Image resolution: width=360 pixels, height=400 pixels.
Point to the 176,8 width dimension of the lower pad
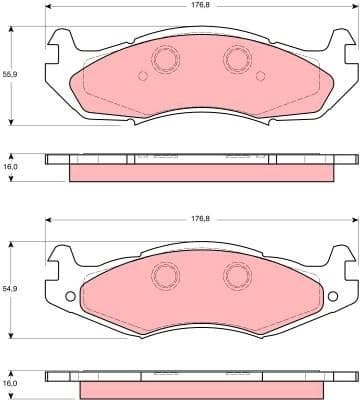200,218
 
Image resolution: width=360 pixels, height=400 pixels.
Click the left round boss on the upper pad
163,61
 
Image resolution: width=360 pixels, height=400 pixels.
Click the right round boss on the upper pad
237,61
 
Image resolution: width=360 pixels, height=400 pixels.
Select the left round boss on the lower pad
163,274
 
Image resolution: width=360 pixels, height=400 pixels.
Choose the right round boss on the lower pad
237,274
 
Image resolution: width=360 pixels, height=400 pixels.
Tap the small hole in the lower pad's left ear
68,296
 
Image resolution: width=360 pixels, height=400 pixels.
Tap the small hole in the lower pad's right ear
332,296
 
